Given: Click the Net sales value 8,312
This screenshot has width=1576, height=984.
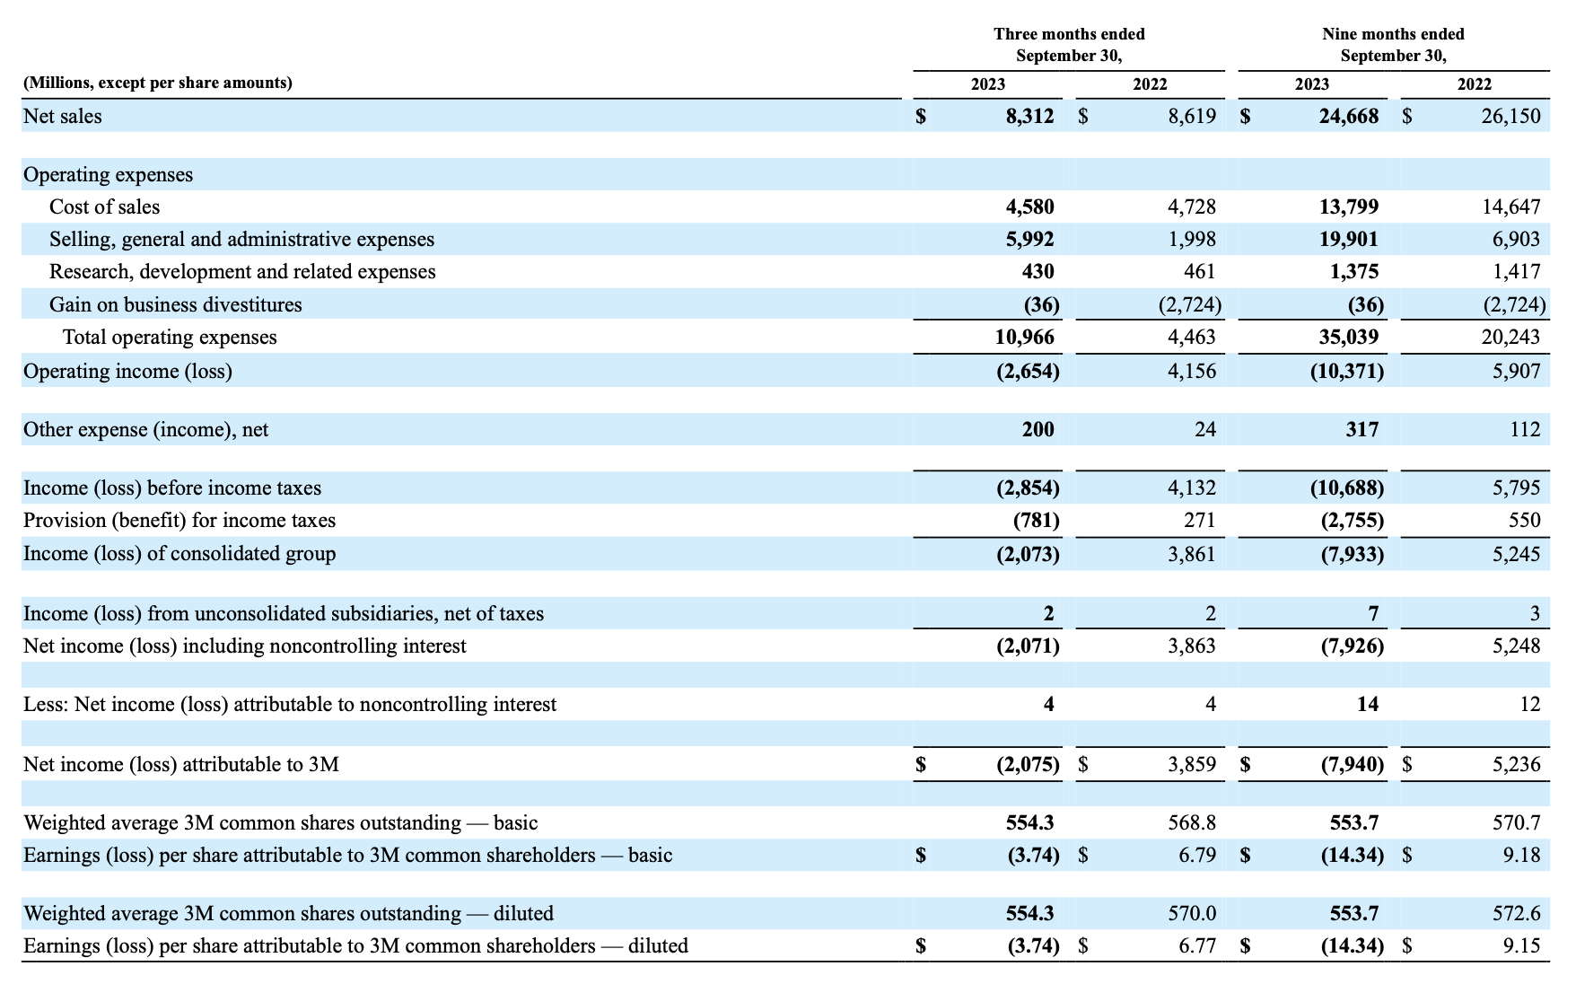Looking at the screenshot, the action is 1029,116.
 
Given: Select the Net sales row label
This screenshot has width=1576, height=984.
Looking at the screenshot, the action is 63,116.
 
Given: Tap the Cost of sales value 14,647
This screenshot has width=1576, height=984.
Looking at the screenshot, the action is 1510,206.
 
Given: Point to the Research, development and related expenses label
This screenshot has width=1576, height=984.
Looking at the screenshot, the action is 242,271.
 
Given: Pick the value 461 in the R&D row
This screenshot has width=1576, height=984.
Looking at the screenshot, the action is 1200,271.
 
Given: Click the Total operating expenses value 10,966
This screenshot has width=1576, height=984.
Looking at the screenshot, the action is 1025,337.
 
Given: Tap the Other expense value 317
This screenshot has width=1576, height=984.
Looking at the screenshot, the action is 1361,429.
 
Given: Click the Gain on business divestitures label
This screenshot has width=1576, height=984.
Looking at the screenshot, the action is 176,304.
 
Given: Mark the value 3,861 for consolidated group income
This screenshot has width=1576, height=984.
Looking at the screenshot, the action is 1192,553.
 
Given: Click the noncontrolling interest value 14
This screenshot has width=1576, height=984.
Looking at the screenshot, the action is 1368,704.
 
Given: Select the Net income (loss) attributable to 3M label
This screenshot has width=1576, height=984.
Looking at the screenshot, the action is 181,764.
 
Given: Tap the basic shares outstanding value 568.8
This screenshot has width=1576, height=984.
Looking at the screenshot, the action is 1192,822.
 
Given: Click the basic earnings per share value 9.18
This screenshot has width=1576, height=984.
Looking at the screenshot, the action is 1522,855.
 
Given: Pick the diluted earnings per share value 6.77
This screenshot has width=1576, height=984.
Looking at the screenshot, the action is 1198,945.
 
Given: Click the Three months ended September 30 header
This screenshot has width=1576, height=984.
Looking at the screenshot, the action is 1069,45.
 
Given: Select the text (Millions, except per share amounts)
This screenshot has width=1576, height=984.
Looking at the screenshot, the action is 158,83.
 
